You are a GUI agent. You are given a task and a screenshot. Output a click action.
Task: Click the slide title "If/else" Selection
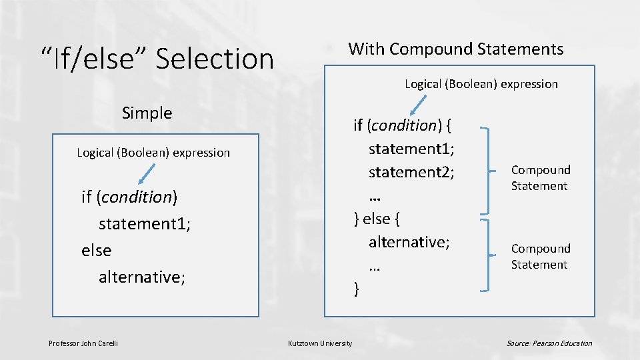coord(157,59)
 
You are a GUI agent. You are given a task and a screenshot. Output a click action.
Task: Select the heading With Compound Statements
coord(455,49)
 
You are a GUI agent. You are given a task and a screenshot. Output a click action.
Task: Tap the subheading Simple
coord(147,113)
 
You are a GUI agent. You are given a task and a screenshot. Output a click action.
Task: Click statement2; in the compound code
coord(411,172)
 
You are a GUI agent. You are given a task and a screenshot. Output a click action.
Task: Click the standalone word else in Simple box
coord(97,250)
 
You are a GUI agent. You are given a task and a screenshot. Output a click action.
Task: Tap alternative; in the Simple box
coord(141,276)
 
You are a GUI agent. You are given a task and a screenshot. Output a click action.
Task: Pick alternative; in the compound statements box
coord(409,241)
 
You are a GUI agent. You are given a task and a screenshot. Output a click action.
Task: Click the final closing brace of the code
coord(357,288)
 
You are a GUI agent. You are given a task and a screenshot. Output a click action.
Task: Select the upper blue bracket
coord(490,169)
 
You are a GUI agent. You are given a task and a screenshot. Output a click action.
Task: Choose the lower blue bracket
coord(490,255)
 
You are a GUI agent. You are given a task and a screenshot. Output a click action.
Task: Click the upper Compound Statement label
coord(541,178)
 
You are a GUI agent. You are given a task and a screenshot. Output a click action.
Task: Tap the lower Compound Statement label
coord(541,256)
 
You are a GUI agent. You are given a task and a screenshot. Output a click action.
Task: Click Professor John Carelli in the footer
coord(83,343)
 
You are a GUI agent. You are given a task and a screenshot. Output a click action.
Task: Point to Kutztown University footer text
coord(320,343)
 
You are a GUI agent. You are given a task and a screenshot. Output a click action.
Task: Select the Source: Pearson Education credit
coord(549,343)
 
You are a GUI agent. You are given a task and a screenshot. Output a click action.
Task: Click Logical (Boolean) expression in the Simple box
coord(153,153)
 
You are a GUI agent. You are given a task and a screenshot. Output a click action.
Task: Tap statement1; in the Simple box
coord(145,223)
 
